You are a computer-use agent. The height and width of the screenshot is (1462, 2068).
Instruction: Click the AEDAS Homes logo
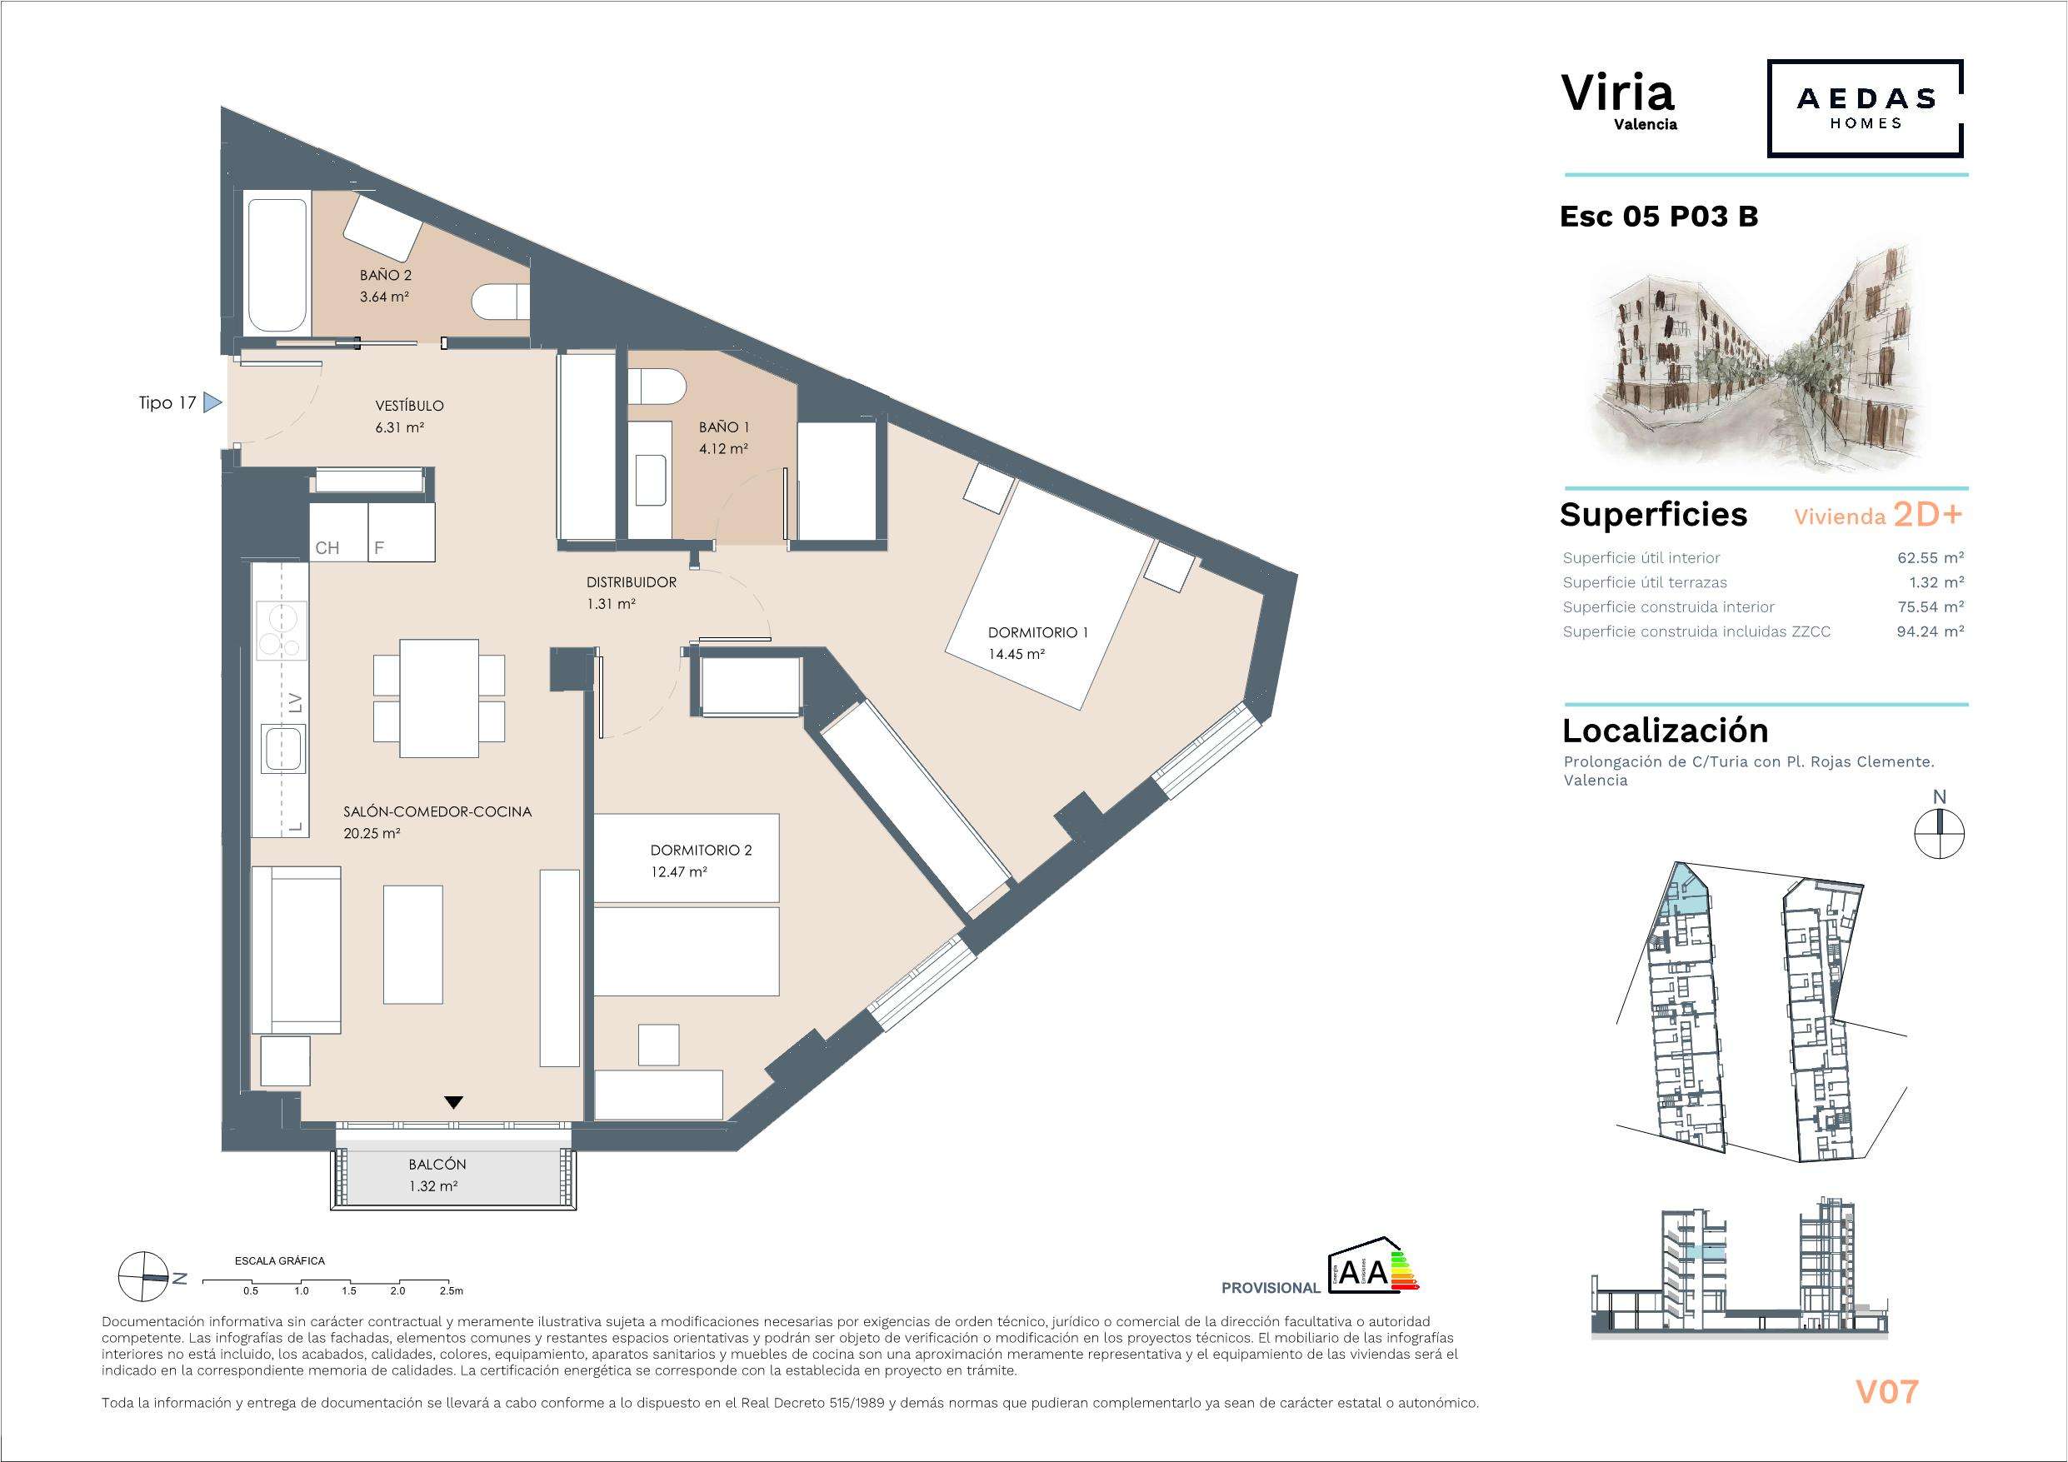[1865, 109]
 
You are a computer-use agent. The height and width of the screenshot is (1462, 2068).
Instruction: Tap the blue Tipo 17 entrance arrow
[212, 402]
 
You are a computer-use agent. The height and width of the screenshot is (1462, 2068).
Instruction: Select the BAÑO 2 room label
[386, 276]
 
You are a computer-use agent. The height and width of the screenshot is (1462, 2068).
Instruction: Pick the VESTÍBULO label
[410, 406]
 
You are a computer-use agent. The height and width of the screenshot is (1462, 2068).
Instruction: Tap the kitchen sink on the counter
[284, 750]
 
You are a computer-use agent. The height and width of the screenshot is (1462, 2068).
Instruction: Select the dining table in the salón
[440, 698]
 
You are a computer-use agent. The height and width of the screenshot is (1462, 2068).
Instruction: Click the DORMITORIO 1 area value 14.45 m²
[1016, 655]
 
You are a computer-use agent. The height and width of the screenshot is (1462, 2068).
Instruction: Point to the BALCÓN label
[437, 1165]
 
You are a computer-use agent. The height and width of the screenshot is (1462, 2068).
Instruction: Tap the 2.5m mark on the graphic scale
[451, 1291]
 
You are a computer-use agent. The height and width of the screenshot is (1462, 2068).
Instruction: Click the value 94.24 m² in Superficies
[1931, 631]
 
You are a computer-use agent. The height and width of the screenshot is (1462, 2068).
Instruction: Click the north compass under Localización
[1940, 833]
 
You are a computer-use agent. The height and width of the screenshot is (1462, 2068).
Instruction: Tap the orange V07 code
[1887, 1392]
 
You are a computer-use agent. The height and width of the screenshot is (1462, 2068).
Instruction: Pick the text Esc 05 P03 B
[1659, 217]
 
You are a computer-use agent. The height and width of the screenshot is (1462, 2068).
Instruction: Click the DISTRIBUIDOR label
[632, 583]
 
